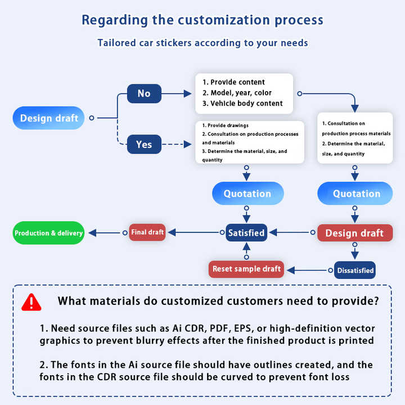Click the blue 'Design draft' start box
tap(49, 118)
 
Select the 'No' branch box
tap(144, 93)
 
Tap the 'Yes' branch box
tap(144, 145)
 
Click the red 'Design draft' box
tap(354, 233)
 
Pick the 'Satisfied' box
tap(246, 232)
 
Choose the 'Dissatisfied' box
tap(355, 271)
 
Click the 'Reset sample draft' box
tap(246, 269)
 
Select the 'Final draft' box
tap(147, 232)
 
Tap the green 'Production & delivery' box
tap(49, 233)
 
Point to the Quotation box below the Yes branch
tap(247, 193)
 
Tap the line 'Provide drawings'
tap(225, 125)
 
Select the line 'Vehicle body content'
tap(242, 103)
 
